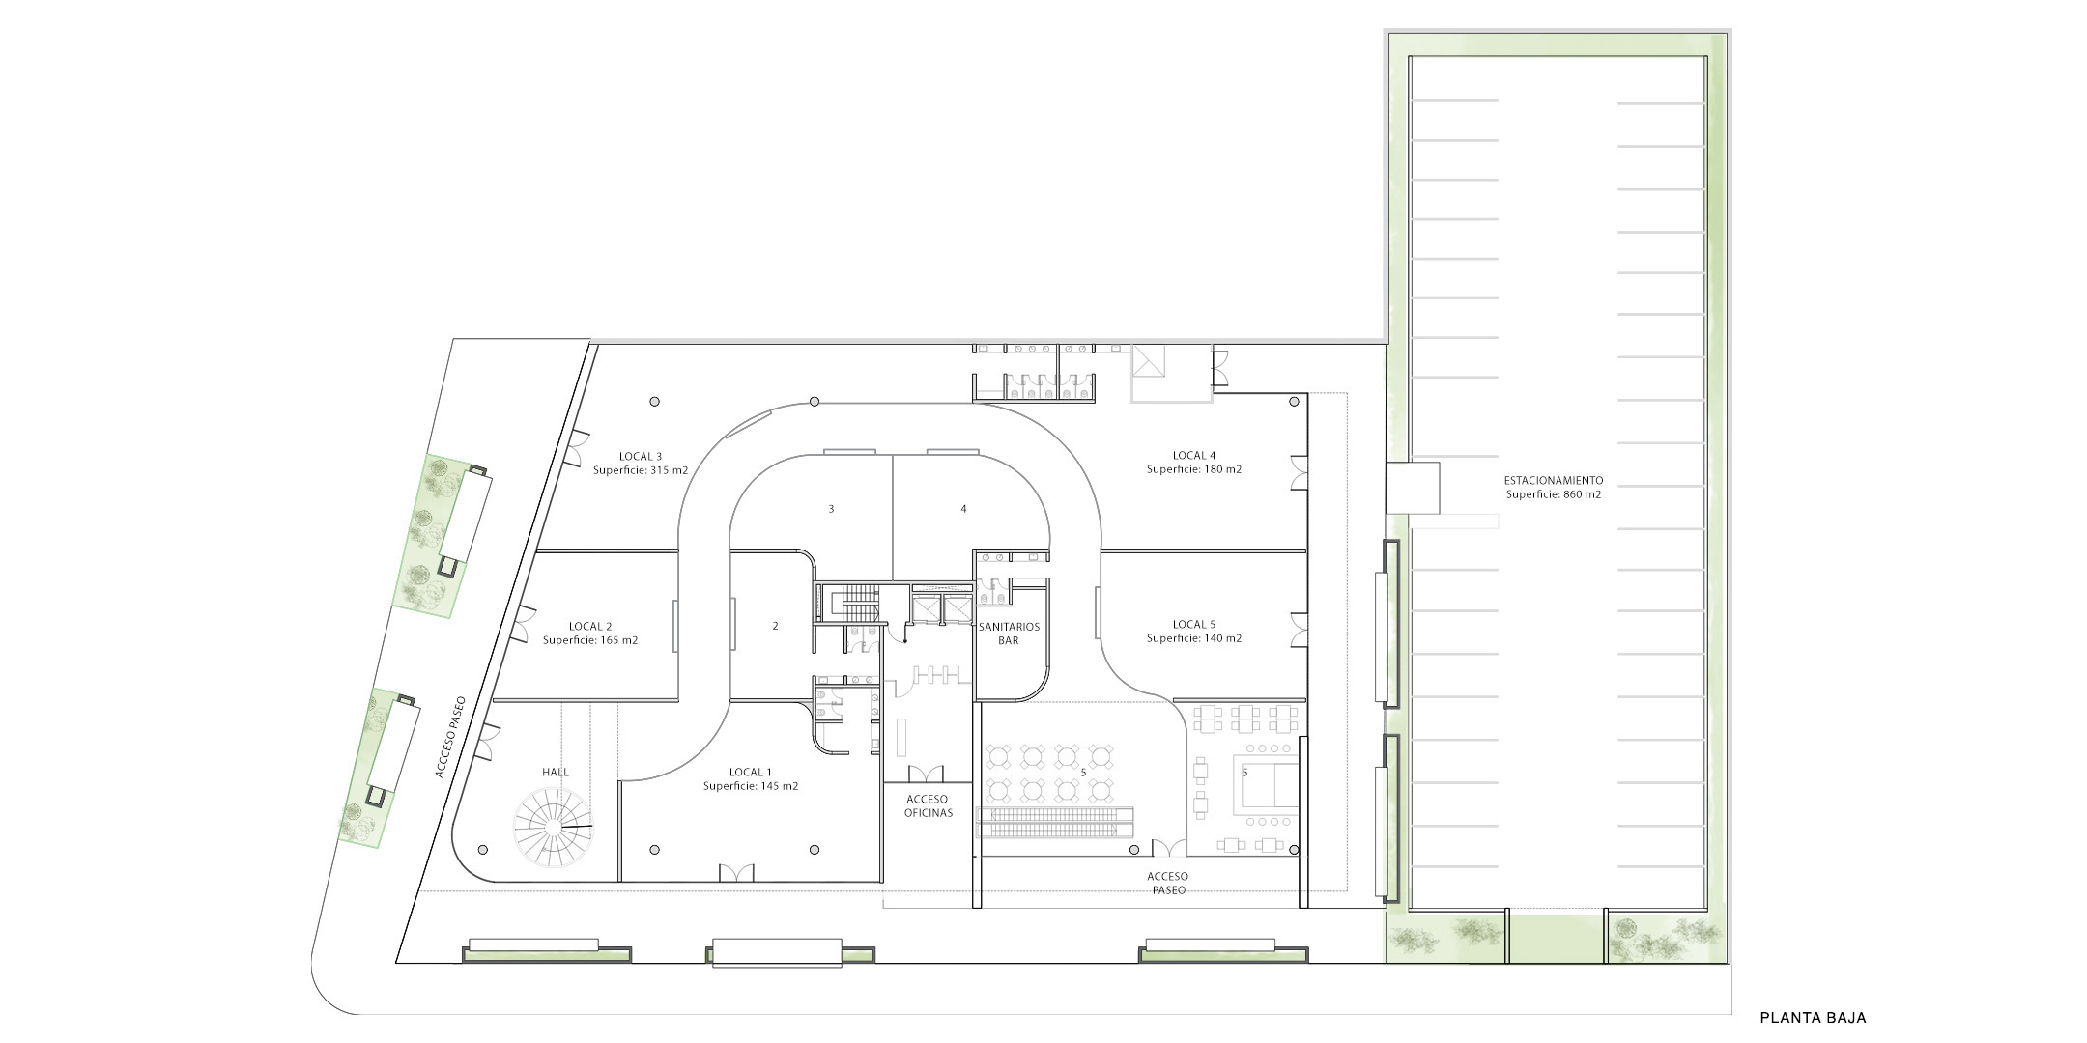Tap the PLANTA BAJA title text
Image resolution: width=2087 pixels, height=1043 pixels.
coord(1813,1017)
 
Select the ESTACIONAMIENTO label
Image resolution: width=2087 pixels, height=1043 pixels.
coord(1553,480)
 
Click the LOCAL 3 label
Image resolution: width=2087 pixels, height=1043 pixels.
coord(641,456)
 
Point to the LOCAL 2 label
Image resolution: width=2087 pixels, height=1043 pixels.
coord(590,626)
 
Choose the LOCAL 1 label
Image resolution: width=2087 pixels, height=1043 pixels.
coord(751,772)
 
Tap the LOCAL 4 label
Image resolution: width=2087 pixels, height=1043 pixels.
coord(1194,455)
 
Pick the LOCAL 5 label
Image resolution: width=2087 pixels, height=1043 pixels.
coord(1194,624)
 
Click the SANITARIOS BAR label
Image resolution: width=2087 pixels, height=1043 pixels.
coord(1010,633)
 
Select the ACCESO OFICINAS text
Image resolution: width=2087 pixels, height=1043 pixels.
coord(928,805)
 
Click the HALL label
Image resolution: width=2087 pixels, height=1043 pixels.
coord(556,772)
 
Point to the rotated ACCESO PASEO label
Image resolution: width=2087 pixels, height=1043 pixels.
coord(449,737)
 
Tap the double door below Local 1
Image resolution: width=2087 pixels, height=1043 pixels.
coord(736,871)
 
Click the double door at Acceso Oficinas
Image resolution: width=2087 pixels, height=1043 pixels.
coord(928,773)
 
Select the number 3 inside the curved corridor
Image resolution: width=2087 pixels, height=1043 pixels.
coord(831,509)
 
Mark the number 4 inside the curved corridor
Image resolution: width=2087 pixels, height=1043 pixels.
coord(963,509)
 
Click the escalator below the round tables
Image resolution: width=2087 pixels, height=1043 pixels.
coord(1057,821)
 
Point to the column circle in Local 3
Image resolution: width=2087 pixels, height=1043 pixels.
coord(655,402)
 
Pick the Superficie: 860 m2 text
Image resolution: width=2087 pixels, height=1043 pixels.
coord(1553,494)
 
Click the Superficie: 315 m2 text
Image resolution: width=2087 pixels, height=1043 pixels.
coord(641,470)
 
